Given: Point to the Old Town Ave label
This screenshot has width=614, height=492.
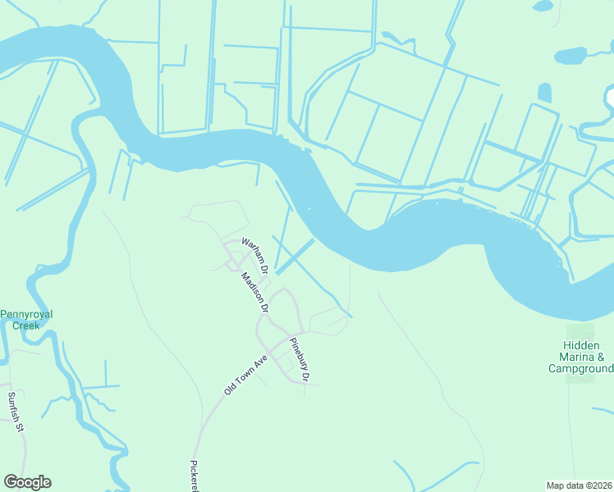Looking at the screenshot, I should pos(246,375).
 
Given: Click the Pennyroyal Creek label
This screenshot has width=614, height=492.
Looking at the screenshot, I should pos(30,319).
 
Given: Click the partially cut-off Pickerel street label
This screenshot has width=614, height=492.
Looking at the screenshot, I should pos(195,476).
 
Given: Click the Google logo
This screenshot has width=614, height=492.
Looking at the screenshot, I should pos(27,482).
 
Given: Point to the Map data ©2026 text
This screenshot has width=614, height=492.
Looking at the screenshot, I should pos(578,485).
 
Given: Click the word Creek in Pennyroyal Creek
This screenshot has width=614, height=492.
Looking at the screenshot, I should pos(30,325).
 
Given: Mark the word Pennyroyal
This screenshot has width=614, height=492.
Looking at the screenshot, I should pos(30,313).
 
